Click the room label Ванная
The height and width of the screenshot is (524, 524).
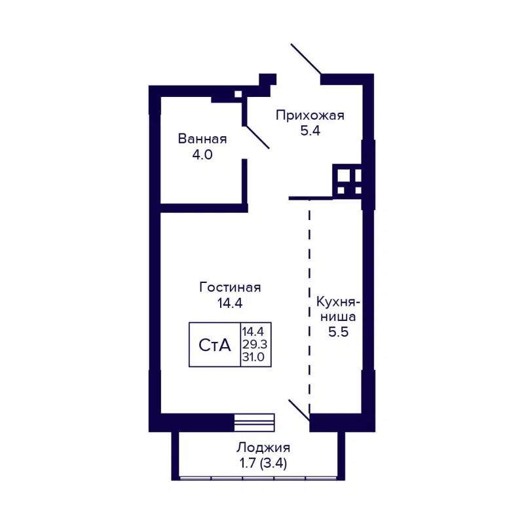click(x=202, y=139)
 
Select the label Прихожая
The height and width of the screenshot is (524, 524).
click(x=309, y=116)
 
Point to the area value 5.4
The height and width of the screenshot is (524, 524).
click(x=309, y=131)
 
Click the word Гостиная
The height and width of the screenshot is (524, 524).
click(x=230, y=288)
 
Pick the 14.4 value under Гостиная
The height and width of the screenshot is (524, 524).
click(x=230, y=303)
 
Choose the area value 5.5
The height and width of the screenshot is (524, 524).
click(x=338, y=331)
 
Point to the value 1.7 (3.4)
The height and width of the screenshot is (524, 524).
click(x=263, y=464)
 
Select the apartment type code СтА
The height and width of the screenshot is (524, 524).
click(x=215, y=345)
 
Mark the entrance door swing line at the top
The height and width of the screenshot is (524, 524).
click(x=306, y=59)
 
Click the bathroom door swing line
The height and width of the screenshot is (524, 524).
click(x=257, y=136)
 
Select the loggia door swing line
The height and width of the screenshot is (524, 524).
click(x=299, y=409)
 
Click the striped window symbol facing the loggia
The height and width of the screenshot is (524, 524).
click(x=254, y=422)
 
